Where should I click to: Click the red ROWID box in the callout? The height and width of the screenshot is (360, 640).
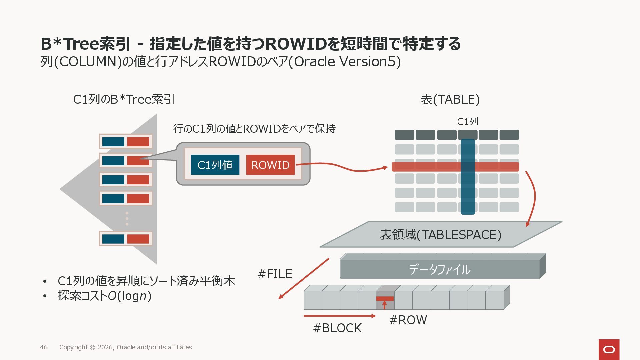[x=270, y=165]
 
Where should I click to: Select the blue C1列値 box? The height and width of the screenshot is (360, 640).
[x=215, y=165]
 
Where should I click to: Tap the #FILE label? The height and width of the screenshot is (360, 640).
[x=275, y=274]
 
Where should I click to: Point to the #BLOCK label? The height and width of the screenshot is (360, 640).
[x=337, y=328]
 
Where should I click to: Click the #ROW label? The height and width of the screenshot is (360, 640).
[x=408, y=320]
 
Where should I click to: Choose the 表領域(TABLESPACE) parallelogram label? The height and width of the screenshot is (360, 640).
[x=440, y=235]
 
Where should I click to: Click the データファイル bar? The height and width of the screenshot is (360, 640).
[x=440, y=269]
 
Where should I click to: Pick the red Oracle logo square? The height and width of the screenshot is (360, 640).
[x=609, y=349]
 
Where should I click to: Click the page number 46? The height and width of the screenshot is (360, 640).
[x=44, y=347]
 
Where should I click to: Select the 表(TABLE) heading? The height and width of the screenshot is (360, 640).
[x=450, y=99]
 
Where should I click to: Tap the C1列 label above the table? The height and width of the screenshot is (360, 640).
[x=467, y=122]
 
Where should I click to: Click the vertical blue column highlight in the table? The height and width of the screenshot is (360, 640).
[x=468, y=193]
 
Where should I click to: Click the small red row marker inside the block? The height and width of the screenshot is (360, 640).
[x=385, y=299]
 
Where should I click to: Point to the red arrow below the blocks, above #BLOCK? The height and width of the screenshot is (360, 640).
[x=339, y=316]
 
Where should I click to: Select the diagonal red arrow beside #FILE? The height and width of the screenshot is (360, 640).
[x=303, y=279]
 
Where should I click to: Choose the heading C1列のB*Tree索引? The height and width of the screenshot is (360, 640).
[x=124, y=99]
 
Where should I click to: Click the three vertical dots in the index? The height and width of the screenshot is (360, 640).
[x=127, y=218]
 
